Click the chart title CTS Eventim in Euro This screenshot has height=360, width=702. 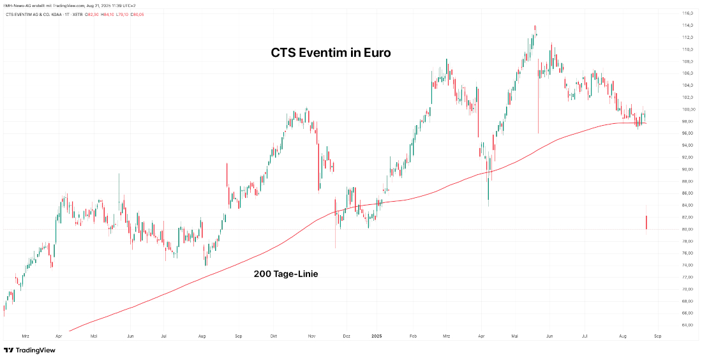pyautogui.click(x=331, y=54)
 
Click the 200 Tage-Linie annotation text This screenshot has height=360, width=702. pyautogui.click(x=286, y=274)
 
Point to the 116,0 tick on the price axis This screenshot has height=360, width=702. pyautogui.click(x=687, y=13)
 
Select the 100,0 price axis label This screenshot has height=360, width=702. pyautogui.click(x=687, y=109)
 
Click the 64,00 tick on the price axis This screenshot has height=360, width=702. pyautogui.click(x=687, y=325)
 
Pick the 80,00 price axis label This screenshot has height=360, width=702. pyautogui.click(x=687, y=229)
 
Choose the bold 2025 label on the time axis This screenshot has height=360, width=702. pyautogui.click(x=377, y=335)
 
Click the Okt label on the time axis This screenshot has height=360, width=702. pyautogui.click(x=274, y=335)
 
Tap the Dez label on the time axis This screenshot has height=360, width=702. pyautogui.click(x=347, y=335)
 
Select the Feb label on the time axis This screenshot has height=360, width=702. pyautogui.click(x=413, y=335)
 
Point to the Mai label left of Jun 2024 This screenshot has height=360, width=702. pyautogui.click(x=94, y=335)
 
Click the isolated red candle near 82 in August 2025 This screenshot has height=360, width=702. pyautogui.click(x=646, y=222)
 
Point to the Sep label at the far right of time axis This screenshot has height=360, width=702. pyautogui.click(x=657, y=335)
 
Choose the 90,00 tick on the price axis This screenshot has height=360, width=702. pyautogui.click(x=687, y=169)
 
